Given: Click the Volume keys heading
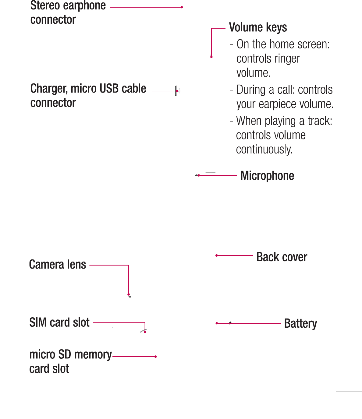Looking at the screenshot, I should pyautogui.click(x=258, y=27).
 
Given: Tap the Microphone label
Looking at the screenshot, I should pyautogui.click(x=267, y=176).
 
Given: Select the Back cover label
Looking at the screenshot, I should pyautogui.click(x=282, y=257).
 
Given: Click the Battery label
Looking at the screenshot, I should pyautogui.click(x=300, y=323).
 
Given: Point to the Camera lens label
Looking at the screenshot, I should pyautogui.click(x=58, y=265).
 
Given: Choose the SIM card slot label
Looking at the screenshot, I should pyautogui.click(x=59, y=322).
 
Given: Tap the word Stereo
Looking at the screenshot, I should pyautogui.click(x=45, y=5).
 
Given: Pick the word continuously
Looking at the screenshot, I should pyautogui.click(x=264, y=150).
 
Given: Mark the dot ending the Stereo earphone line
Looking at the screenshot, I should pyautogui.click(x=182, y=7).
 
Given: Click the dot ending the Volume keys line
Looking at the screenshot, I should pyautogui.click(x=211, y=57).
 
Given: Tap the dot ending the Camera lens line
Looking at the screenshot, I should pyautogui.click(x=129, y=294).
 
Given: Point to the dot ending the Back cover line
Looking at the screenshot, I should pyautogui.click(x=217, y=255).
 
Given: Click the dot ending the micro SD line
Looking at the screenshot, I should pyautogui.click(x=156, y=357).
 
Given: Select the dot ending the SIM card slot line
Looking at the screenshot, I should pyautogui.click(x=145, y=332).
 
